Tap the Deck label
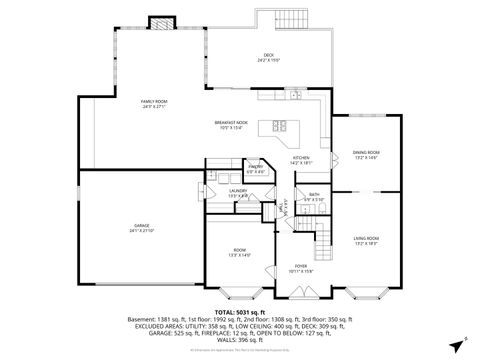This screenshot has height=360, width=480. (268, 57)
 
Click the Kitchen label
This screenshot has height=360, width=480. (301, 159)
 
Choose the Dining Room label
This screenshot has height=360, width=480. (365, 154)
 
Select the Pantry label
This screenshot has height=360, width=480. (256, 169)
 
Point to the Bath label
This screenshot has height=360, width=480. (314, 196)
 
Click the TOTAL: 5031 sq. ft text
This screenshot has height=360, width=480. (240, 312)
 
